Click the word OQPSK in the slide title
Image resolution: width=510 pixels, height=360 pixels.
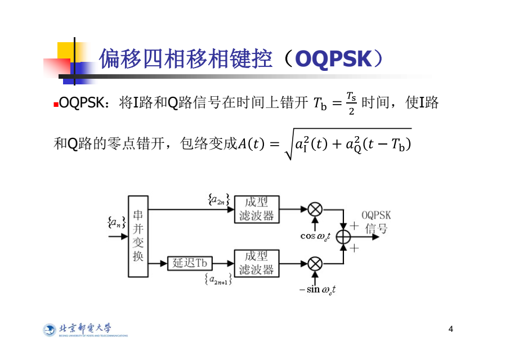[x=333, y=58]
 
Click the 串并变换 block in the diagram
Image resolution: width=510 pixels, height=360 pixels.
[x=138, y=236]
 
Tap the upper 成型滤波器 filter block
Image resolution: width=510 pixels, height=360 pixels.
[x=256, y=209]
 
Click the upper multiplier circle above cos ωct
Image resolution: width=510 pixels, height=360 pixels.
[x=315, y=209]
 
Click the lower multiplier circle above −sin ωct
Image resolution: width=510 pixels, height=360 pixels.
[x=315, y=263]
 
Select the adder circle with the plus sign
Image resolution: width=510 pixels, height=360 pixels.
[x=343, y=236]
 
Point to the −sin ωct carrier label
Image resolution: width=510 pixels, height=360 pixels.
[x=317, y=290]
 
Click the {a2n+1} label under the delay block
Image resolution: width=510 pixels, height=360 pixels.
[x=218, y=278]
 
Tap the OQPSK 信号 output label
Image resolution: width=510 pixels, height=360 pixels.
[x=376, y=222]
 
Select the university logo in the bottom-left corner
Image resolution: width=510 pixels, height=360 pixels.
[x=84, y=330]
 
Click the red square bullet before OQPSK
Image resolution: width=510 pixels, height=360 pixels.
[x=56, y=105]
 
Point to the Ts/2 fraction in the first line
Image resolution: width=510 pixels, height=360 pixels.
[x=351, y=103]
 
